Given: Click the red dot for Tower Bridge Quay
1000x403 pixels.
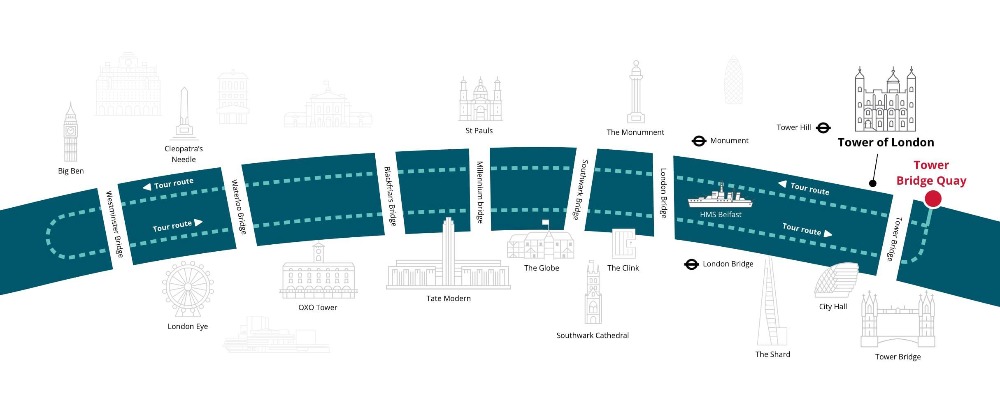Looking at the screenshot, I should tap(933, 199).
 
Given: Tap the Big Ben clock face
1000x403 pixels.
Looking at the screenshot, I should tap(70, 131).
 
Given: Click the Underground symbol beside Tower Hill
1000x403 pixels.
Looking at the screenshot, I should tap(823, 128).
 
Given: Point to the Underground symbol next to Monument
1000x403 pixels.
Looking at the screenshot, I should tap(699, 141).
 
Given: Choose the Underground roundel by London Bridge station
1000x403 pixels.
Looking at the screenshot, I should tap(691, 264).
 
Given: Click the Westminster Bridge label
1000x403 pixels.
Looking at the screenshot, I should tap(114, 224).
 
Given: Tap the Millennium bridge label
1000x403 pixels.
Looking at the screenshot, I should tap(479, 192).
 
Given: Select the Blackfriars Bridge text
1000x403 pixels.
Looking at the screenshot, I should tap(390, 196).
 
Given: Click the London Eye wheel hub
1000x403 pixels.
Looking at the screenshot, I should tap(188, 286).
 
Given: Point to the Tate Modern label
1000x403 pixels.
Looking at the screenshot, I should tap(449, 299).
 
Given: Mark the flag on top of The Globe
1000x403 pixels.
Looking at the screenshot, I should tap(546, 222).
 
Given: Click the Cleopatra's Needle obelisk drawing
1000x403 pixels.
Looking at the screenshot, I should tap(184, 113).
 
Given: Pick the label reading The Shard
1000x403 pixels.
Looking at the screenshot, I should tap(773, 354).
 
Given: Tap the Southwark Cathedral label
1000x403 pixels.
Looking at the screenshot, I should tap(593, 336).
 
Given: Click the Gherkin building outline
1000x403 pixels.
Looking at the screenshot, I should tap(734, 80).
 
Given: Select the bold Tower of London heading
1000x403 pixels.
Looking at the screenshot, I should tap(886, 143).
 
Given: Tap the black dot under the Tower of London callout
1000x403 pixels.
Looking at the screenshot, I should tap(872, 183).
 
